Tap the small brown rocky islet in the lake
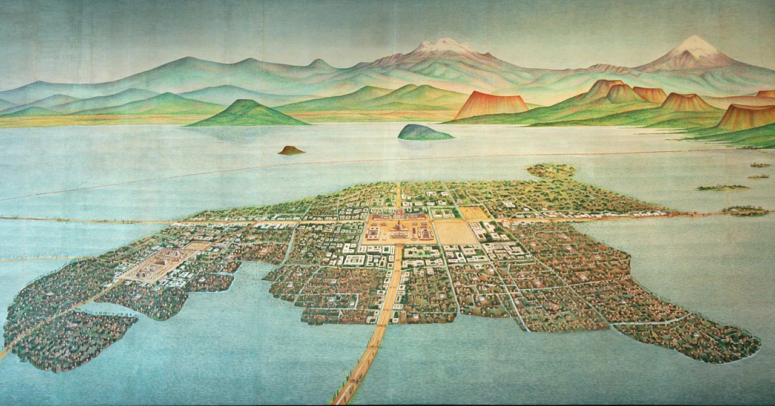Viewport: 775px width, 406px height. click(x=291, y=150)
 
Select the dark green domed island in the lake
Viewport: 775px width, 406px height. click(x=425, y=133)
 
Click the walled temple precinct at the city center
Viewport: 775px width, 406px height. click(x=399, y=229)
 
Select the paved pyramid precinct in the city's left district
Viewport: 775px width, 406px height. click(x=159, y=263)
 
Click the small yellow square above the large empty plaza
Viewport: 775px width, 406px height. click(x=473, y=213)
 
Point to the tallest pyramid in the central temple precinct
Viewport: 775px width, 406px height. click(x=399, y=226)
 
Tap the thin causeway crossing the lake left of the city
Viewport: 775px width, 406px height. click(x=91, y=220)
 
